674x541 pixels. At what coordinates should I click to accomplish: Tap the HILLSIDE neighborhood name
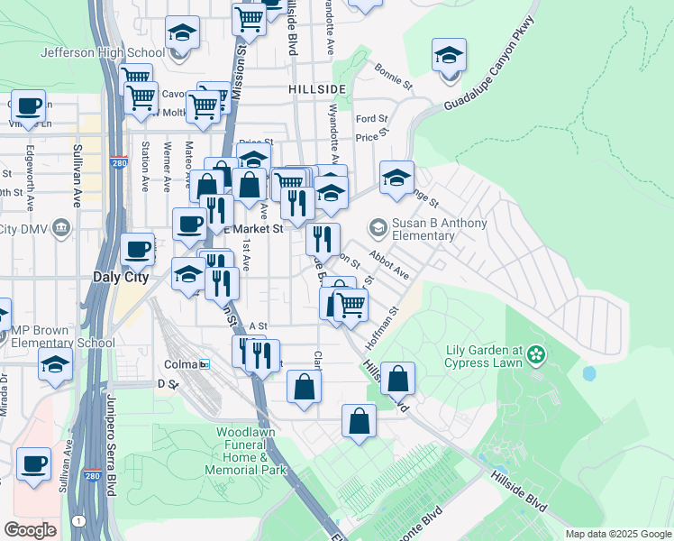(317, 90)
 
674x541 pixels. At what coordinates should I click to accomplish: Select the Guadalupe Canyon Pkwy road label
(490, 69)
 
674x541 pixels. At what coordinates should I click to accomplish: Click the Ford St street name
(371, 118)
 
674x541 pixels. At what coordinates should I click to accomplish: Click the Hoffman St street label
(380, 329)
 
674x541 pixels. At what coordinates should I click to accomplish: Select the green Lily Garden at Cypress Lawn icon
(538, 352)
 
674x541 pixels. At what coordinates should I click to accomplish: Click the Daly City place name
(121, 278)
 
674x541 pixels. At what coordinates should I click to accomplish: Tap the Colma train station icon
(205, 364)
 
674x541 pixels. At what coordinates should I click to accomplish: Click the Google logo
(30, 530)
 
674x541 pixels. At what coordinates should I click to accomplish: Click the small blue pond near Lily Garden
(589, 372)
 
